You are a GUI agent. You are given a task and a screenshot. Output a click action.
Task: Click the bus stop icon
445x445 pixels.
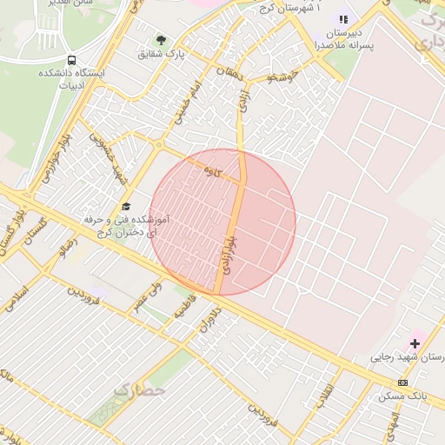pos(70,61)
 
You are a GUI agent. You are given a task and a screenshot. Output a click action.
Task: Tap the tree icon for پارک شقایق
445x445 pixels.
pos(160,40)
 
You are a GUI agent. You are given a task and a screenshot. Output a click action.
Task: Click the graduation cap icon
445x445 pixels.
pos(126,206)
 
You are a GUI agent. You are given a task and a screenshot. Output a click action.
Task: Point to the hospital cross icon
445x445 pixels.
pos(415,343)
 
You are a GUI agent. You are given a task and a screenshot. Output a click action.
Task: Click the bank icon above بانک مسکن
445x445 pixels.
pos(402,382)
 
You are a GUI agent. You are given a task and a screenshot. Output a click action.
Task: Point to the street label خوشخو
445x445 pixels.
pos(283,78)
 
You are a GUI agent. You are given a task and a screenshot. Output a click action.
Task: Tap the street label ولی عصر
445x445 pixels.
pos(148,296)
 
